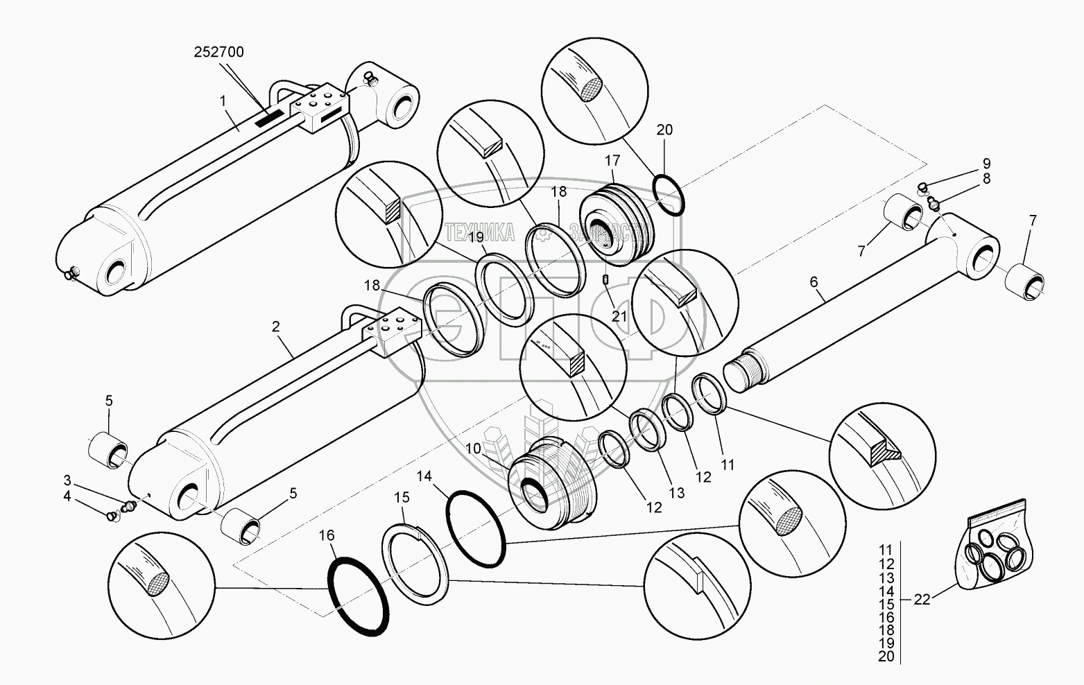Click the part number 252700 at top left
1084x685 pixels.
(219, 52)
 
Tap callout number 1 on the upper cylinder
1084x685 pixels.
(223, 101)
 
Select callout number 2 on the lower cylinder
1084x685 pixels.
(276, 327)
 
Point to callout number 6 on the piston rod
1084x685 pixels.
(814, 282)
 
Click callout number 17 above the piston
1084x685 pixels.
(612, 161)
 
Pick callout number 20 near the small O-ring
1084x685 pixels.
(664, 130)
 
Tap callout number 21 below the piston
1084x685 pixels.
(619, 315)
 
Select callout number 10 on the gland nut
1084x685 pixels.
(473, 449)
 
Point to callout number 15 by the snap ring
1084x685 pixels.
(402, 498)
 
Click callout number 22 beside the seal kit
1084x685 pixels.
(921, 600)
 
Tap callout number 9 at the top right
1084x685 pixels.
(986, 164)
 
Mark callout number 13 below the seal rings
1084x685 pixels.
(676, 493)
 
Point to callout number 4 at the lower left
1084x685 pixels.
(67, 496)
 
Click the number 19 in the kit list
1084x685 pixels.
(886, 643)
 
